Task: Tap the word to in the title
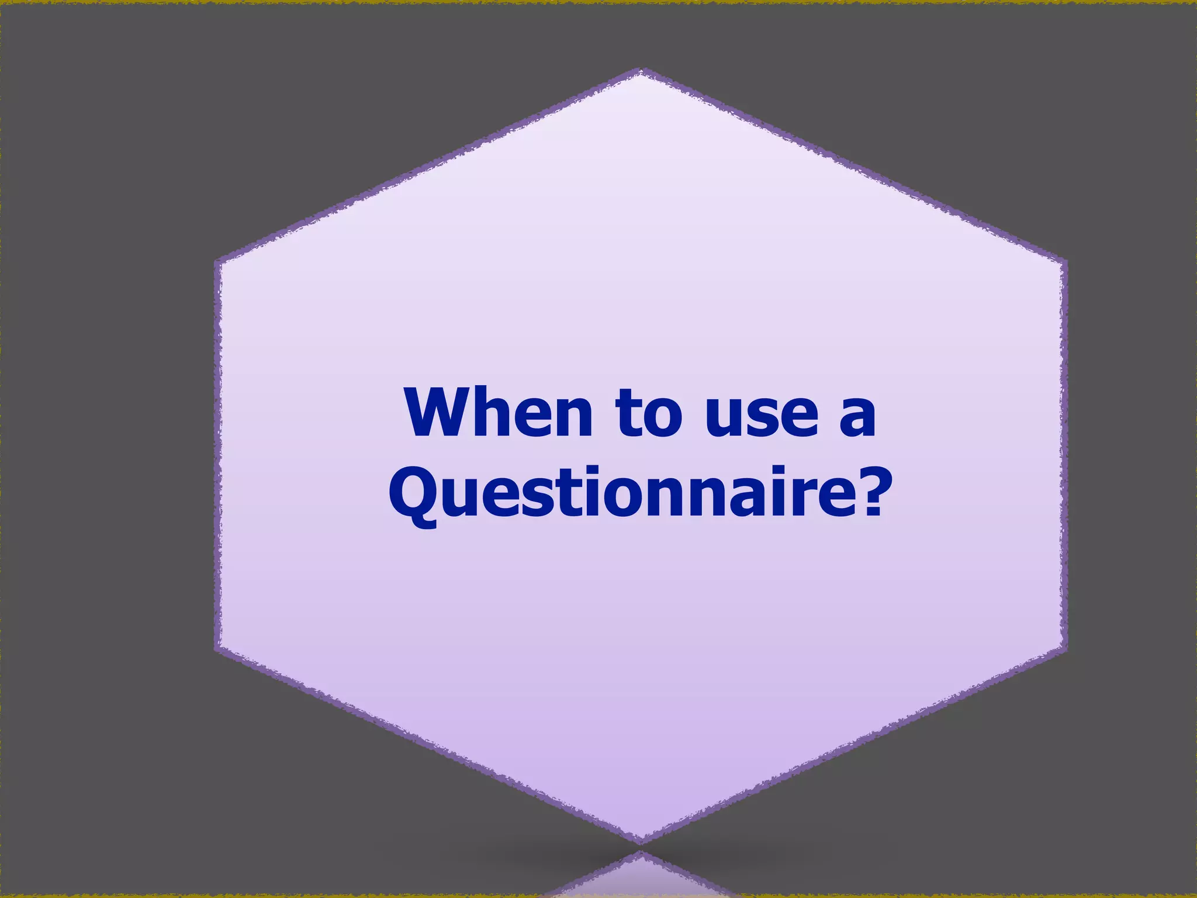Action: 649,412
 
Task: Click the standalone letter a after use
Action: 857,416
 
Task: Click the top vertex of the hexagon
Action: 641,71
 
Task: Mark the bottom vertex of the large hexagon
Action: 641,842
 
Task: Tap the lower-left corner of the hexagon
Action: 217,649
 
